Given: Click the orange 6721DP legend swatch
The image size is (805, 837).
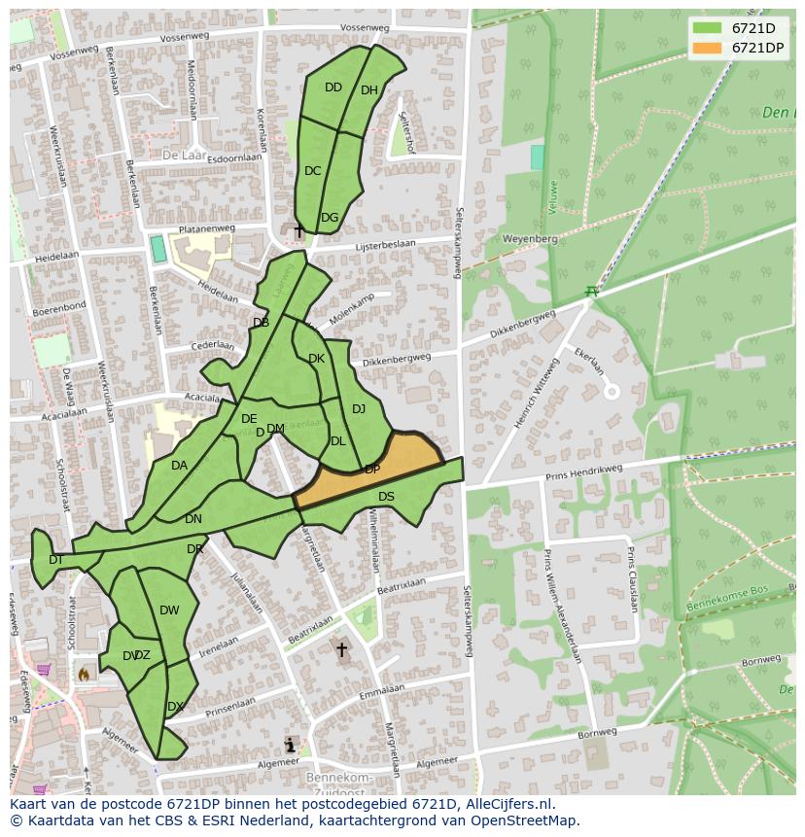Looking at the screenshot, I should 707,48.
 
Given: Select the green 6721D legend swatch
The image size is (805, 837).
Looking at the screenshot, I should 707,28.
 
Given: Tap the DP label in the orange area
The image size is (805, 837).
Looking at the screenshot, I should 372,470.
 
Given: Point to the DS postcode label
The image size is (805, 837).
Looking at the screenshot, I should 386,497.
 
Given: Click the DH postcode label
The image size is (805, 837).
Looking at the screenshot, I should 368,90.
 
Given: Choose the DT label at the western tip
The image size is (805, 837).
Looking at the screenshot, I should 56,559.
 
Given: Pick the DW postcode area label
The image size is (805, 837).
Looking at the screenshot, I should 169,610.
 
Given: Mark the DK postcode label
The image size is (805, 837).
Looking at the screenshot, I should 316,359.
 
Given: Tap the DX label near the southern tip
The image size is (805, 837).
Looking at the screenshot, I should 175,707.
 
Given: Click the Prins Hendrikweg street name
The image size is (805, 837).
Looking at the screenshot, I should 583,472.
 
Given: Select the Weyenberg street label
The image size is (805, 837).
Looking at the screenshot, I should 530,238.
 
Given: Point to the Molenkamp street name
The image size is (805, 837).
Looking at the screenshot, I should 351,309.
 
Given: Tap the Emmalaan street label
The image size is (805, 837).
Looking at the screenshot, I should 380,691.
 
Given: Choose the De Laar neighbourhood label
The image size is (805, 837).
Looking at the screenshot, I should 181,155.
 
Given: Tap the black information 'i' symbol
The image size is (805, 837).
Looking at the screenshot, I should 290,746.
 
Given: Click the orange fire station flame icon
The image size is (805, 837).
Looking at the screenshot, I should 84,672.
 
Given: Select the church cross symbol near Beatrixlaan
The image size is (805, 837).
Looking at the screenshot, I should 341,649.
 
